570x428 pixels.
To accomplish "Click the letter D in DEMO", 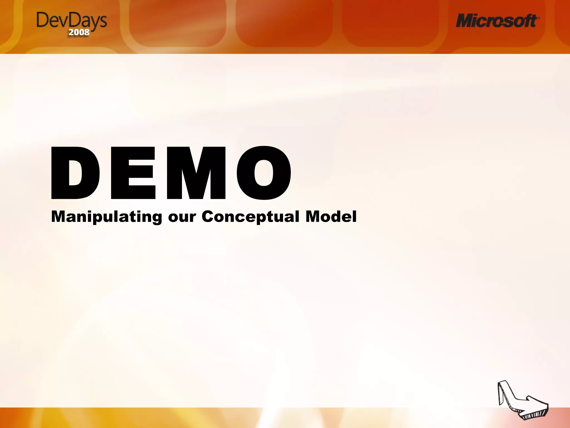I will (x=75, y=173).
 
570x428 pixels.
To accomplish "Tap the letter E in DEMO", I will (x=133, y=173).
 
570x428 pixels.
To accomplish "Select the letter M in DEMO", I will (x=196, y=173).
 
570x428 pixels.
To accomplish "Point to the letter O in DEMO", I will (x=264, y=173).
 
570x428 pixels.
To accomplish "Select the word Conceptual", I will (x=250, y=217).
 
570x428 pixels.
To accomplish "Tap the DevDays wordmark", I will (x=72, y=21).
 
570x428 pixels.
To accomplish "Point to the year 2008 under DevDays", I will (x=79, y=32).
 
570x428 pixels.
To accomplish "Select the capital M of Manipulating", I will (x=59, y=217).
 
